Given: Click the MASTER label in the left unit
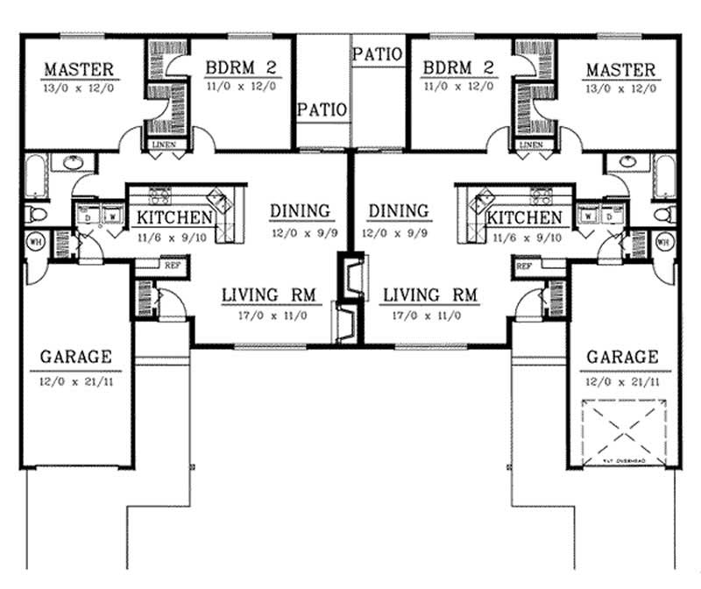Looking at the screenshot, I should coord(78,70).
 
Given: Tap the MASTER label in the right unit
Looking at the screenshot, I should coord(620,70).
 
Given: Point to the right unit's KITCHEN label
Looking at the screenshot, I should coord(525,217).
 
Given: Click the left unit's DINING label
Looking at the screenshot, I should coord(300,211).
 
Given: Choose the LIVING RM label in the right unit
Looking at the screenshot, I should coord(430,295).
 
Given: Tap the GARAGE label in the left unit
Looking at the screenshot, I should coord(76,357).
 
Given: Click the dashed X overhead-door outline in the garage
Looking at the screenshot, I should coord(623,428).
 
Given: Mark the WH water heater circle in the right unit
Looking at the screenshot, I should coord(662,241).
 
